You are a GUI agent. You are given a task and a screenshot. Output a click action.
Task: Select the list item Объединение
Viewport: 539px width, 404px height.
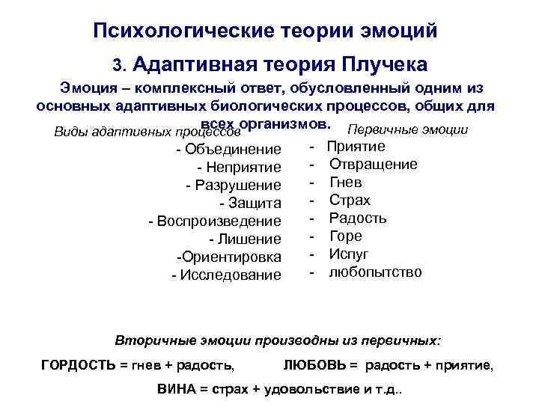[x=233, y=149]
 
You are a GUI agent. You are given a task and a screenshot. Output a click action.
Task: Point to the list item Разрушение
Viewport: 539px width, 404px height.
[x=237, y=185]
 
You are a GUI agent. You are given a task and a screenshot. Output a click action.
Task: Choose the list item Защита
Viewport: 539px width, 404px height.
[x=254, y=203]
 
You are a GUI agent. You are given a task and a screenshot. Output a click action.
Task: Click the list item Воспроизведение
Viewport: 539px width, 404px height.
[x=219, y=221]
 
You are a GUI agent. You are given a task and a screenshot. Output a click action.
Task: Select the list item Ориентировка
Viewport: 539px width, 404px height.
[x=233, y=257]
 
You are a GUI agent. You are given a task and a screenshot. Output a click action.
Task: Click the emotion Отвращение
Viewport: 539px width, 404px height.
[x=374, y=164]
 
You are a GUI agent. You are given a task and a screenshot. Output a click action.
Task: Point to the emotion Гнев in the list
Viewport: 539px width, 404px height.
[x=346, y=182]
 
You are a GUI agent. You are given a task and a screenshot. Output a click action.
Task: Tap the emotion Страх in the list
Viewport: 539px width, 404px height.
[x=350, y=200]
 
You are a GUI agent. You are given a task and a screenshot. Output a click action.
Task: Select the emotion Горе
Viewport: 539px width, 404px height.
[x=346, y=236]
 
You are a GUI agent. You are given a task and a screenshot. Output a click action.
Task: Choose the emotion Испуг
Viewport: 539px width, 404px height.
[x=349, y=254]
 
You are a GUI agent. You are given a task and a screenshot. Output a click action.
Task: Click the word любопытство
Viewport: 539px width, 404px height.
[x=375, y=272]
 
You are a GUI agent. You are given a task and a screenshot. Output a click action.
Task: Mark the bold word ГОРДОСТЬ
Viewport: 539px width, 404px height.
[x=74, y=365]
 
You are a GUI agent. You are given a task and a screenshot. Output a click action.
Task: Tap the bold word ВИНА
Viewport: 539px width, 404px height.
[x=175, y=390]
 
